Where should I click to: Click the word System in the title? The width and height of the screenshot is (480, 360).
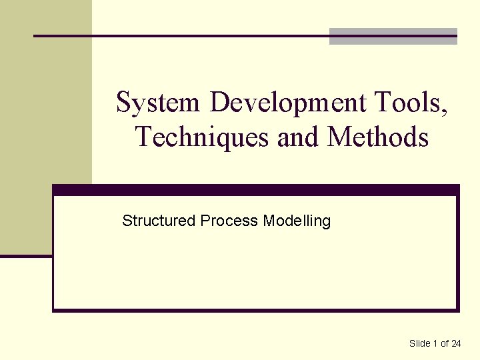tap(157, 103)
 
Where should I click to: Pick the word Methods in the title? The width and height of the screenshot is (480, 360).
tap(378, 137)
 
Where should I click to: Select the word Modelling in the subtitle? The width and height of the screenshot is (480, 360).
tap(297, 221)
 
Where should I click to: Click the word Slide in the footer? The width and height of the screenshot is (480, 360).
tap(420, 343)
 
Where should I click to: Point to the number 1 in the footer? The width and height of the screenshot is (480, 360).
tap(436, 343)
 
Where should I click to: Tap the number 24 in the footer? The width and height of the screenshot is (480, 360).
tap(456, 343)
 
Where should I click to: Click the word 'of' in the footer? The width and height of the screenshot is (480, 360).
tap(444, 343)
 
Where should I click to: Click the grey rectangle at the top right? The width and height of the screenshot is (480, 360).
tap(393, 37)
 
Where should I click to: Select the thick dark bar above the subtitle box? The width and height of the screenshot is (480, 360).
tap(256, 190)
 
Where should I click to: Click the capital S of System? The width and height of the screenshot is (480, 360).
tap(123, 103)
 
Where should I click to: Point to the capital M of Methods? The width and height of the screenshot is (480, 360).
tap(340, 137)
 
